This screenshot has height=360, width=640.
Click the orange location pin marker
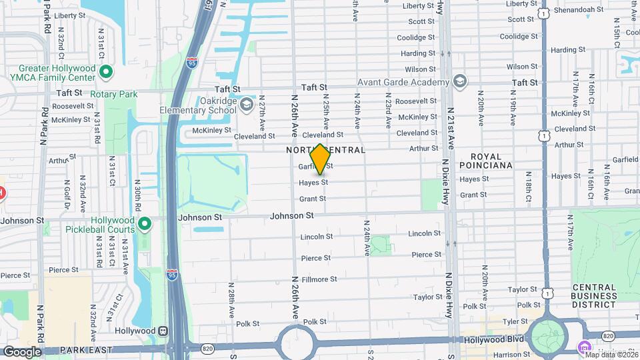(320, 159)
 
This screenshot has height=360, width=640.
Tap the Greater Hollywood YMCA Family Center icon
(105, 71)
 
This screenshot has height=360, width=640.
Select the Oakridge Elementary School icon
(247, 105)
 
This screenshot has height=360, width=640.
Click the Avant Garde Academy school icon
(459, 81)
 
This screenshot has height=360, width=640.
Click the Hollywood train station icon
(163, 331)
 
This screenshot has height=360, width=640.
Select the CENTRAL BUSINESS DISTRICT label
(593, 295)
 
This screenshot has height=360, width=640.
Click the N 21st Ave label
(450, 127)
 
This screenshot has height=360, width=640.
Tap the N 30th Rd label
(137, 194)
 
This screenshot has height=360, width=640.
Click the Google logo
(22, 351)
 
